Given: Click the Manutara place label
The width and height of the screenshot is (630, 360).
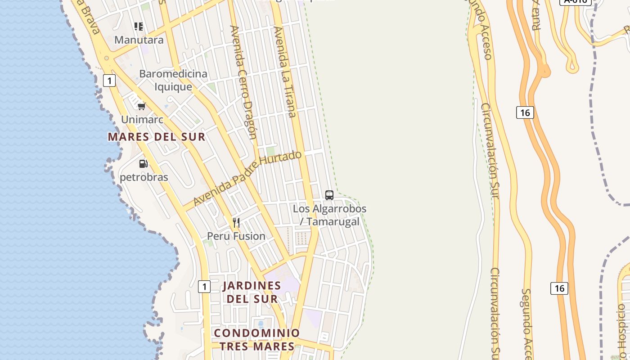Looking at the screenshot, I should [139, 40].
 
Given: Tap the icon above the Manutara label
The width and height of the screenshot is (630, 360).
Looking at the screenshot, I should [139, 27].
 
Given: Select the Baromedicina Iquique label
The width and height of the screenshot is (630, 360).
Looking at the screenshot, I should [173, 80].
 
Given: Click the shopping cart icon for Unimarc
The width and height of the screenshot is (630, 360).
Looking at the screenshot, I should [142, 107].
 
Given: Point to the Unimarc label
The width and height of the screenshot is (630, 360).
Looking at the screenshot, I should [142, 120].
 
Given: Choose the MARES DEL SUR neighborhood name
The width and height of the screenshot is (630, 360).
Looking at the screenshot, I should [157, 137].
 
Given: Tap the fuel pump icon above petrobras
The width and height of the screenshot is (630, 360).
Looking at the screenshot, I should [143, 164].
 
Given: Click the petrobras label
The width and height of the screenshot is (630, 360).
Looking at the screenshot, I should [144, 177].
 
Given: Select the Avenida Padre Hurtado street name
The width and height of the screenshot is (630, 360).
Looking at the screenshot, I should [247, 179].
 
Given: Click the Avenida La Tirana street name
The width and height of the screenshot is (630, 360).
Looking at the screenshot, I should [285, 72].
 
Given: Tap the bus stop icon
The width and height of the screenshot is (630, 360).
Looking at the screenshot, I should [329, 195].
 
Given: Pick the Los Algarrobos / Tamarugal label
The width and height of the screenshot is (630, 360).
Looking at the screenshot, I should [330, 215].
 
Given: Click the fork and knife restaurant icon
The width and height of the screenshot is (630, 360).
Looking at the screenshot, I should [236, 222].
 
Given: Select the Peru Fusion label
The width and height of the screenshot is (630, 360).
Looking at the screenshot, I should [236, 236].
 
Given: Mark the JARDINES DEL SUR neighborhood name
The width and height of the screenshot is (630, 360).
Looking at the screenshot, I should [252, 292].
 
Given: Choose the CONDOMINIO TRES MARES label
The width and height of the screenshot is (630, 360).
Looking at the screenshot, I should [256, 340].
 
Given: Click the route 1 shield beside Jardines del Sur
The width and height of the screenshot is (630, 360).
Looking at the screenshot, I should [204, 286].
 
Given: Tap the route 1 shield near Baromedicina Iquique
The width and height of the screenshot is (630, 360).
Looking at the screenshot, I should [109, 81].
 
